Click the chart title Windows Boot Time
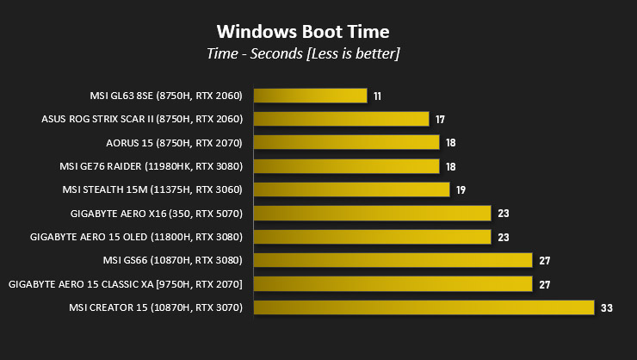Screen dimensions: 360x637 point(303,32)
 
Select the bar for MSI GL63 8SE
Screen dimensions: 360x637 point(311,96)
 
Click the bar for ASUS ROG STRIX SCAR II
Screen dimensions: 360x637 point(342,119)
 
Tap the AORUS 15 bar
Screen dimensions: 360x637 point(347,142)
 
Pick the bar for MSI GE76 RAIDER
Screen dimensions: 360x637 point(347,166)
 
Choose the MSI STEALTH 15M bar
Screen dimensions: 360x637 point(352,189)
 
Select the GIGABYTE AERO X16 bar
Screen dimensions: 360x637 point(373,213)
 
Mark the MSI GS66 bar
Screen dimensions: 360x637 point(393,260)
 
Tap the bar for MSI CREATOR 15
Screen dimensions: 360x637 point(424,307)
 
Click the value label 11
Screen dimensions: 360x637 point(378,96)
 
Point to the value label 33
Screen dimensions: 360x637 point(605,307)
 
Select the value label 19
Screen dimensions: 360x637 point(461,189)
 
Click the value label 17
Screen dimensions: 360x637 point(440,119)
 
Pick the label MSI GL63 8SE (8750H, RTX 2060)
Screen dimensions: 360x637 point(166,96)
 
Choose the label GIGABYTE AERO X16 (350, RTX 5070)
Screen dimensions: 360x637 point(157,213)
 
